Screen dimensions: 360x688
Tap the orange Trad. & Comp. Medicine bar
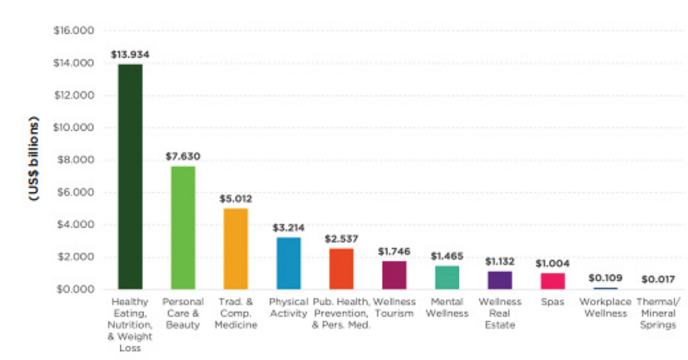(x=235, y=249)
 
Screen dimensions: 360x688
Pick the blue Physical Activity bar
(x=289, y=263)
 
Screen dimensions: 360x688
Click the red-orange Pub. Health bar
(x=341, y=269)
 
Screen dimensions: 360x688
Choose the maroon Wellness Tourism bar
(x=394, y=275)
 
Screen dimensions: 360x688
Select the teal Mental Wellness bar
(x=447, y=277)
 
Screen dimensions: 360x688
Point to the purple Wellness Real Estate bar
(x=500, y=280)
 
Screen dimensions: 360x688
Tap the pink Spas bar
(x=553, y=281)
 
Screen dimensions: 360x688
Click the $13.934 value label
(x=130, y=54)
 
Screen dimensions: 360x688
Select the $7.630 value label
(x=183, y=157)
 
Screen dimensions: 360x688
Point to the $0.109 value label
(x=605, y=278)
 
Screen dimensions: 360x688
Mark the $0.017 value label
(x=658, y=279)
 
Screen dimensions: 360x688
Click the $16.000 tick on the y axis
(x=74, y=31)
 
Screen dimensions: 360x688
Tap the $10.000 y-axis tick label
(x=74, y=128)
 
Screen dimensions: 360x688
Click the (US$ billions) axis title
(x=34, y=159)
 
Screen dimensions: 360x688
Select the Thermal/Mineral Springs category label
(x=658, y=313)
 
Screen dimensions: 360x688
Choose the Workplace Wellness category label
(x=605, y=307)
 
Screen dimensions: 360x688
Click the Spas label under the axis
(x=553, y=302)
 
